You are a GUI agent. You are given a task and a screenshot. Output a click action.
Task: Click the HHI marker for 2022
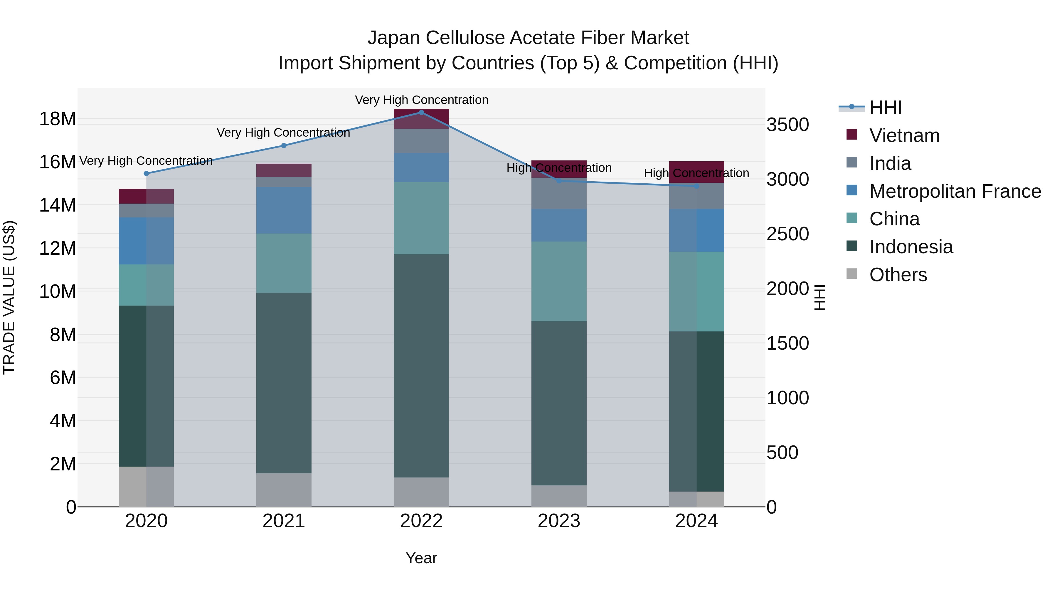421,113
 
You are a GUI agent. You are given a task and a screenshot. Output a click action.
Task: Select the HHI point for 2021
284,145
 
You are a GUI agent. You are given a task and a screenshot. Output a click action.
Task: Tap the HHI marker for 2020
146,173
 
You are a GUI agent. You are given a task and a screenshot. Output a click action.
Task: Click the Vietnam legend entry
904,135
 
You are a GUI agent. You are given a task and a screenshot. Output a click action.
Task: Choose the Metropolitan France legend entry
955,191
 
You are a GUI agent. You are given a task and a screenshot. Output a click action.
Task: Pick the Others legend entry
898,275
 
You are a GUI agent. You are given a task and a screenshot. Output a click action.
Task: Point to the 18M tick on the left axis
58,119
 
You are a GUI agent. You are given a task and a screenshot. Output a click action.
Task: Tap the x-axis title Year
421,558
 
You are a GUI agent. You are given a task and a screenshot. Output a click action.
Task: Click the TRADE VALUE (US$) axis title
9,297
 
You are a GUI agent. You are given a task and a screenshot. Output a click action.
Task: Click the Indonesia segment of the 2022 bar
421,366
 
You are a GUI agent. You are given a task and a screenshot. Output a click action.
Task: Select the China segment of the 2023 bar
559,281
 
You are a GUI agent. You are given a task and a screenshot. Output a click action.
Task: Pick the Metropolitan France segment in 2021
284,210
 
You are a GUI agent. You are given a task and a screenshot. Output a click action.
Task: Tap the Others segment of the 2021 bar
284,490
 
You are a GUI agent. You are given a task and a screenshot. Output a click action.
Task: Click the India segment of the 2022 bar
421,141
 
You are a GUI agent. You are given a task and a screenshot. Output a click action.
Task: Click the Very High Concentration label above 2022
421,100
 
